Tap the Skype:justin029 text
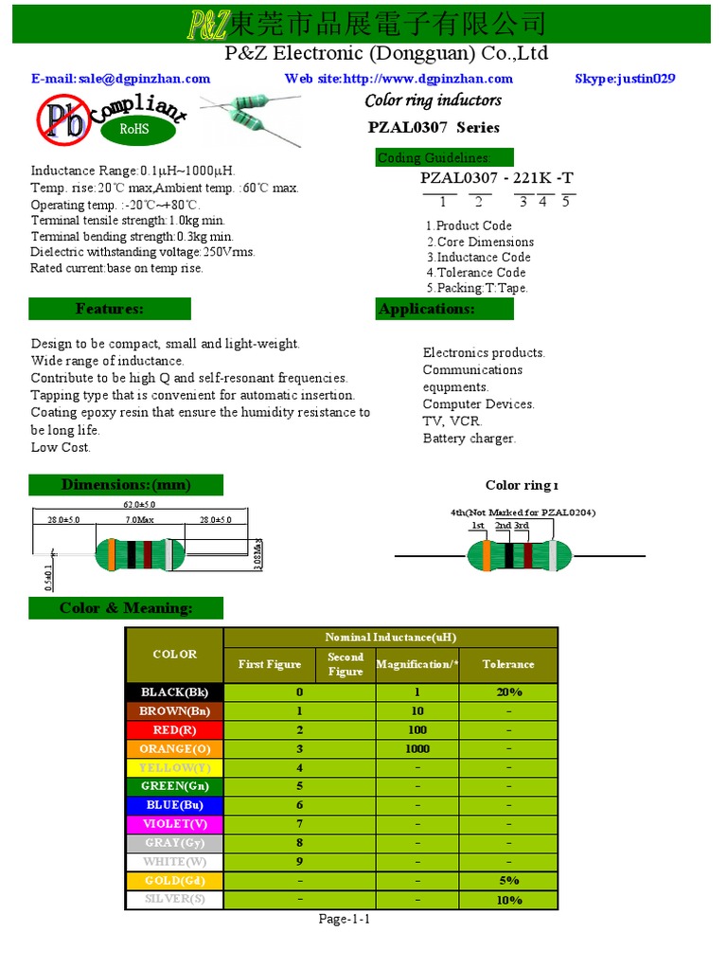pyautogui.click(x=625, y=79)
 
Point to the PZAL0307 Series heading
pyautogui.click(x=433, y=128)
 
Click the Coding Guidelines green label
pyautogui.click(x=445, y=158)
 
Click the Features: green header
pyautogui.click(x=110, y=309)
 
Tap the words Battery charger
pyautogui.click(x=469, y=439)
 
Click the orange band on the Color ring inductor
pyautogui.click(x=487, y=555)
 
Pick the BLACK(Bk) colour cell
pyautogui.click(x=174, y=692)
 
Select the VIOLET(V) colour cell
pyautogui.click(x=174, y=823)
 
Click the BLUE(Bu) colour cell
pyautogui.click(x=174, y=805)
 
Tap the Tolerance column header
pyautogui.click(x=508, y=665)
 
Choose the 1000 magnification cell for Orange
pyautogui.click(x=417, y=748)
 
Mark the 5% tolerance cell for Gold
pyautogui.click(x=508, y=880)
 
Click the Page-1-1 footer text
pyautogui.click(x=344, y=919)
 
